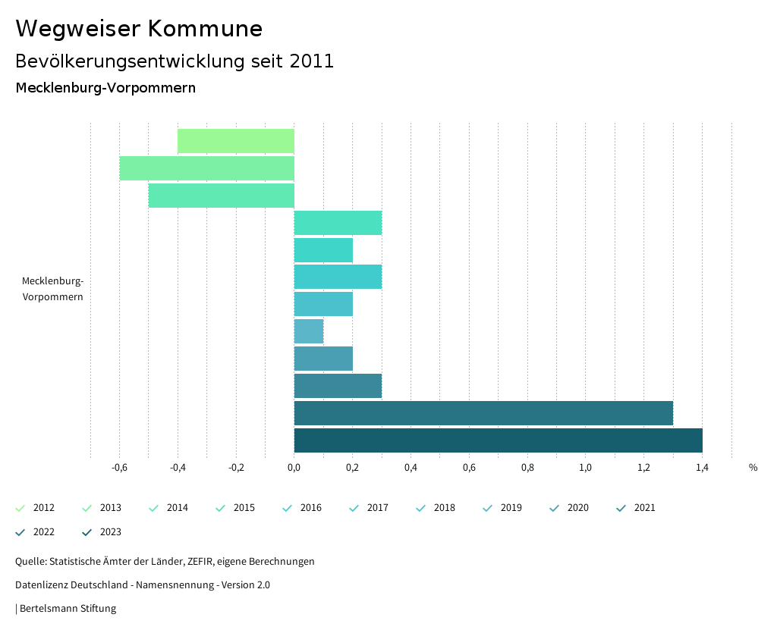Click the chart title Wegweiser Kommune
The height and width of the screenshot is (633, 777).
point(139,29)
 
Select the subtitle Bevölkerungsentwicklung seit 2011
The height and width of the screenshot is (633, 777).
point(175,61)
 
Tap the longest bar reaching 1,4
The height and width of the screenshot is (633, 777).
point(498,440)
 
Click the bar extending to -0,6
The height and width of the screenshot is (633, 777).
point(206,168)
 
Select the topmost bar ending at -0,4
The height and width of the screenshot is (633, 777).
point(236,141)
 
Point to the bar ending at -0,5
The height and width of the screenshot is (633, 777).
point(221,196)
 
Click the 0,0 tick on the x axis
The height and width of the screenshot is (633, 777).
point(294,468)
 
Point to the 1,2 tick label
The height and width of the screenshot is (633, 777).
point(643,468)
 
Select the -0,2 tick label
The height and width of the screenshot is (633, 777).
point(236,468)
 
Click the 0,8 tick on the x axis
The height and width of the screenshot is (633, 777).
point(527,468)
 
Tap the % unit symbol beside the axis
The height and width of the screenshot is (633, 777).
point(753,468)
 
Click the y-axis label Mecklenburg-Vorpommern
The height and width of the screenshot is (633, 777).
point(52,289)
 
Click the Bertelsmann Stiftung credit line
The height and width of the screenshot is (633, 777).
point(68,609)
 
